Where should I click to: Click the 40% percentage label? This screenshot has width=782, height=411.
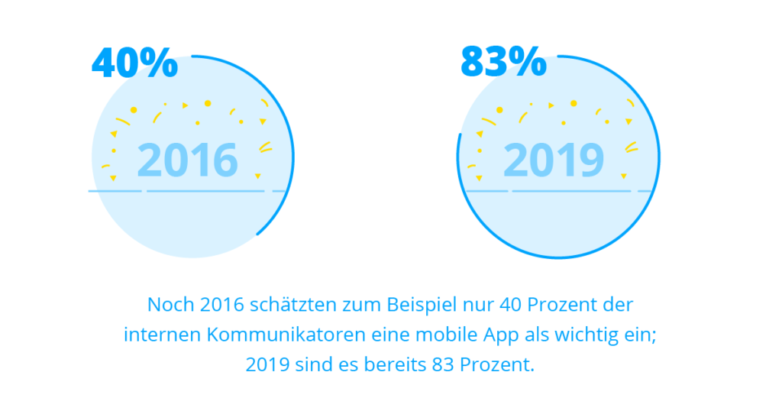134,63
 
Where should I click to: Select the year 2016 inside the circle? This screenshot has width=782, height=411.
188,160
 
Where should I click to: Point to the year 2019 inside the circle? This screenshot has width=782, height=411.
554,160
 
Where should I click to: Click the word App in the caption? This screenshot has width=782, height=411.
473,335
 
